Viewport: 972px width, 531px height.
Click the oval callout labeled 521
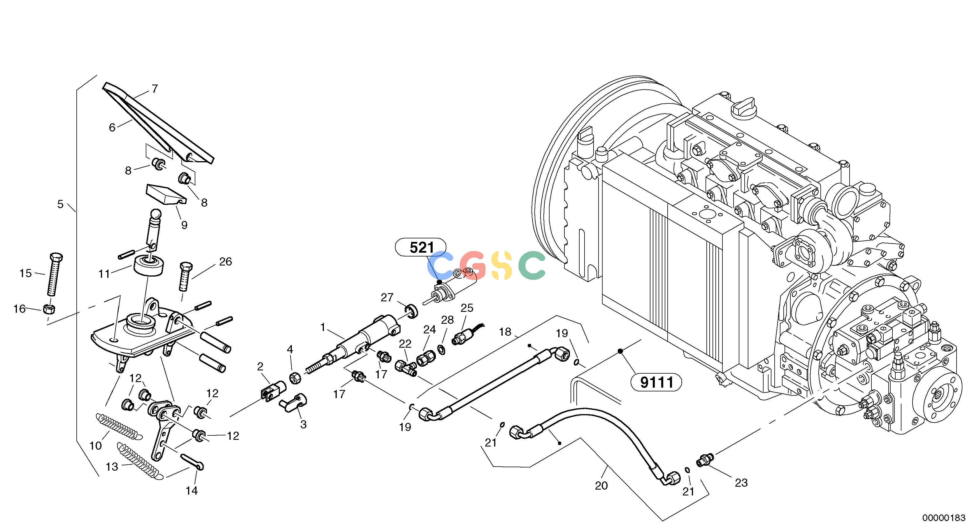coord(420,247)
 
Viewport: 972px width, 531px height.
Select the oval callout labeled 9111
coord(657,382)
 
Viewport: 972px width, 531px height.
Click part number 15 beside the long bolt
coord(26,273)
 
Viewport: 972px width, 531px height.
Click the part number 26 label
coord(225,261)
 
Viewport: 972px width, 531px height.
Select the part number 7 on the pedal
coord(154,89)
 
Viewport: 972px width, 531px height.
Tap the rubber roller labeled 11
coord(150,266)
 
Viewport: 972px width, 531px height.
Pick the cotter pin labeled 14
coord(192,462)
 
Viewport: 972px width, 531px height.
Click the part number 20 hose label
coord(601,486)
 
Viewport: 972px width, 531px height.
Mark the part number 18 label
coord(505,332)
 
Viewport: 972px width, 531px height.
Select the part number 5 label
coord(60,204)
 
